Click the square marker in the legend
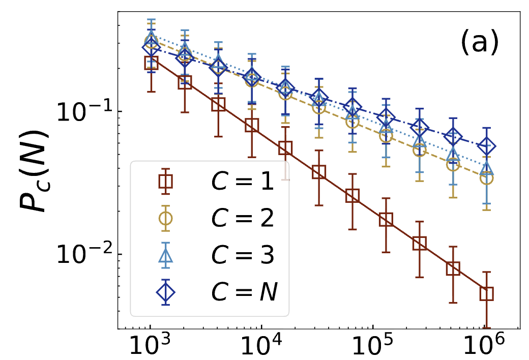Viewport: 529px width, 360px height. coord(165,181)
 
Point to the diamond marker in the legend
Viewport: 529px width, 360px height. coord(165,292)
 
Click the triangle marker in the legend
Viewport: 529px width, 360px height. coord(165,255)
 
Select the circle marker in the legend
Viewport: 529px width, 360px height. coord(165,218)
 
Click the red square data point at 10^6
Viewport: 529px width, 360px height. coord(487,293)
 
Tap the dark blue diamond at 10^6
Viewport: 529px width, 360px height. coord(487,146)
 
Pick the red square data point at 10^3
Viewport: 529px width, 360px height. coord(151,63)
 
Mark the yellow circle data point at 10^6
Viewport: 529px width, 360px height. coord(487,178)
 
